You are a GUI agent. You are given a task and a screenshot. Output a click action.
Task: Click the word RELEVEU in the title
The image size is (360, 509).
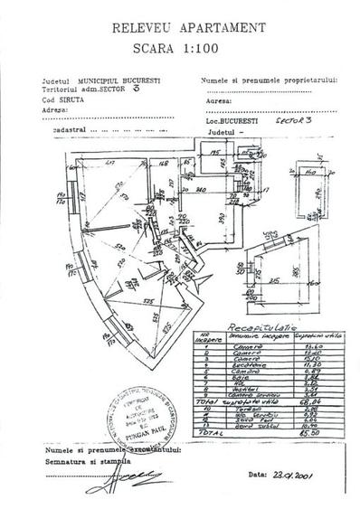pyautogui.click(x=147, y=30)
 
